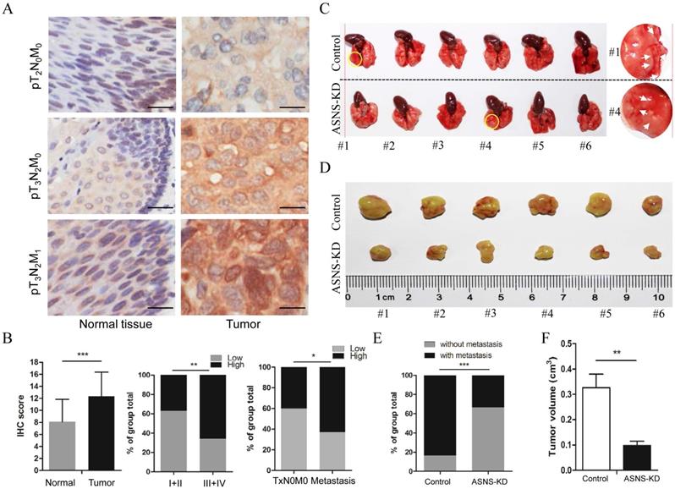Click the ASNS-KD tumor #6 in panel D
coord(649,252)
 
